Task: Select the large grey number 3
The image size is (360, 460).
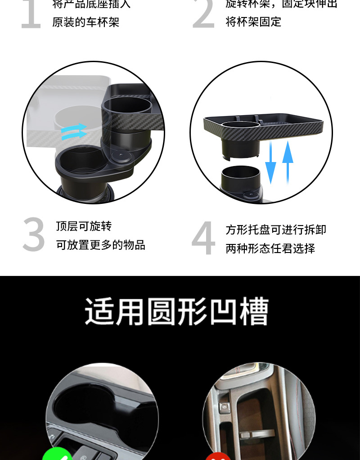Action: [34, 235]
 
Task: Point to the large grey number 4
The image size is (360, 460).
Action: [203, 239]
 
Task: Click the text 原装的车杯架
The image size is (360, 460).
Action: [85, 22]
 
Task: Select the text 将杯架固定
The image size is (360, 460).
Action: [253, 22]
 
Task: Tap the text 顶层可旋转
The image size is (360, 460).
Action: [84, 226]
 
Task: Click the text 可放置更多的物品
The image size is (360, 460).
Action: [100, 245]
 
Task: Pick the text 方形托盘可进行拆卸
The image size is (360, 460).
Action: [276, 230]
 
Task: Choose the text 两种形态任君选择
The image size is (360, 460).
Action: [270, 248]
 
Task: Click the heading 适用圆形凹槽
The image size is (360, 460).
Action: [177, 311]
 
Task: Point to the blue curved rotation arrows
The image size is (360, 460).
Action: [74, 131]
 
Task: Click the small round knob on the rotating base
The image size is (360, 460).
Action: [121, 158]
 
